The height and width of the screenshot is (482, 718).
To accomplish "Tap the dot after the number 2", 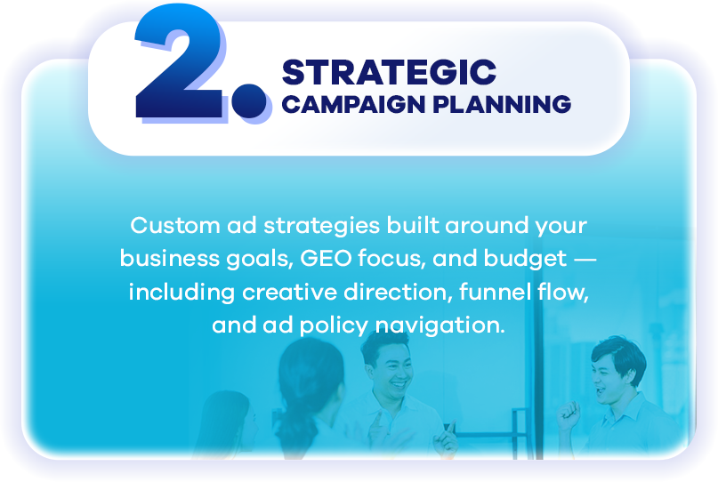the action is (248, 100).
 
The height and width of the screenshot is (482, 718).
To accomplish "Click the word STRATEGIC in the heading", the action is (389, 72).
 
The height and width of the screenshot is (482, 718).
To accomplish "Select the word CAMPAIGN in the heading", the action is (353, 104).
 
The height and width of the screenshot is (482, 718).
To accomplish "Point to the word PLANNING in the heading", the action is (502, 104).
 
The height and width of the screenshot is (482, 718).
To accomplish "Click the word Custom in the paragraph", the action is (175, 225).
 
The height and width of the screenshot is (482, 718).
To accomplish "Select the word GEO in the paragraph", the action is (326, 258).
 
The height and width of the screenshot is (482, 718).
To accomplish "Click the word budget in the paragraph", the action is (525, 260).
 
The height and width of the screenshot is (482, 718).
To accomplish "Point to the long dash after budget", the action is (585, 260).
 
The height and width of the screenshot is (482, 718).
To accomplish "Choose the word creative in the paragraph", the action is (289, 292).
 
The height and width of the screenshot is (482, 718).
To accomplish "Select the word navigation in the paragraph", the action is (440, 325).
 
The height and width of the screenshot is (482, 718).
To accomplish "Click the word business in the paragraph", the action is (169, 258).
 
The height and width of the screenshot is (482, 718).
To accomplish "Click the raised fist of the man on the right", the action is (568, 415).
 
